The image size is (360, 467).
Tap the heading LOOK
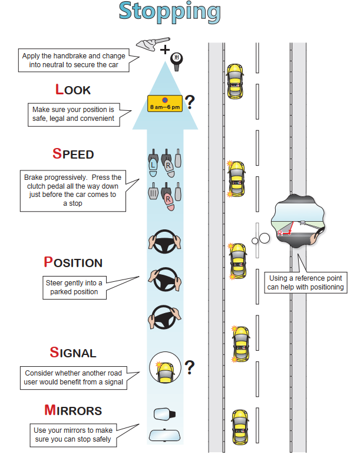(x=73, y=90)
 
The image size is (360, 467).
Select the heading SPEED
(x=73, y=154)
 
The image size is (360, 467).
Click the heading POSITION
(x=73, y=262)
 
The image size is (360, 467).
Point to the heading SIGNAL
(x=73, y=353)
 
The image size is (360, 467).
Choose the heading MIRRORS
(x=73, y=410)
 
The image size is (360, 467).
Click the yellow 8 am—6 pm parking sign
(x=165, y=104)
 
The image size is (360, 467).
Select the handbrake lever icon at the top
(x=147, y=43)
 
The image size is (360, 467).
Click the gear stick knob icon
(x=176, y=60)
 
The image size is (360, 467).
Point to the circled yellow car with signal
(x=165, y=370)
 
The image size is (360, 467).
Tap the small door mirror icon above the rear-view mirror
(x=164, y=414)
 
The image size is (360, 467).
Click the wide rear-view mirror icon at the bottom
(x=164, y=436)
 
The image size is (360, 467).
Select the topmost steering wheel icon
(x=164, y=242)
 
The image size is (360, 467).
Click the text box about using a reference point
(x=305, y=283)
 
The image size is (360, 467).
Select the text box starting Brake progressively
(x=73, y=190)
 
